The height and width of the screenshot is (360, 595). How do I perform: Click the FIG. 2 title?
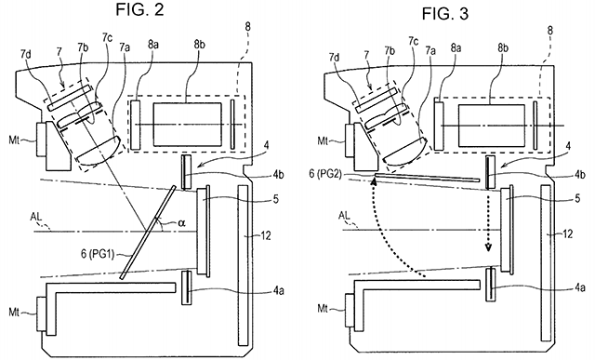(x=139, y=9)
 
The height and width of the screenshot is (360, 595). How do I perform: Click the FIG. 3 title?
(x=445, y=14)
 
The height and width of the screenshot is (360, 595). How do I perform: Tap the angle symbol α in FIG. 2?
(x=182, y=223)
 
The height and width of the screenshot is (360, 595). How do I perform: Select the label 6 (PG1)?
(x=97, y=254)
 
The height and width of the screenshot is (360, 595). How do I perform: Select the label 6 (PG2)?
(x=325, y=174)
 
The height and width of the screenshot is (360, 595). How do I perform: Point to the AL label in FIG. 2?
(x=37, y=218)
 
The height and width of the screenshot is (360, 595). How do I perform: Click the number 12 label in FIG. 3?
(x=567, y=233)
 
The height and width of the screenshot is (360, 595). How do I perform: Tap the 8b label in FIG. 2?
(x=200, y=45)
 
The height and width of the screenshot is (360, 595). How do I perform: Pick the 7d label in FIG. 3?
(x=335, y=58)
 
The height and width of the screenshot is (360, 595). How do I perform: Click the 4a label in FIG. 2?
(x=278, y=291)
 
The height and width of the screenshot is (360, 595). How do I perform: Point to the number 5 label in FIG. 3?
(x=577, y=198)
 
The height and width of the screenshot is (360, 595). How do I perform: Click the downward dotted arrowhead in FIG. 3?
(x=488, y=247)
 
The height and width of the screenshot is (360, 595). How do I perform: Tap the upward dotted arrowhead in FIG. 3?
(x=374, y=182)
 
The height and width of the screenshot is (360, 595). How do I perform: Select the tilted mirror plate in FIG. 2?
(x=147, y=233)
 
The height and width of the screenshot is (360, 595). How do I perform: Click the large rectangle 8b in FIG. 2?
(x=188, y=124)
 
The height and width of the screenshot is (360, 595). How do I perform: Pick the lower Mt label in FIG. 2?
(x=14, y=313)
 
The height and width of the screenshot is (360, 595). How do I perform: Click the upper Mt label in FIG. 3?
(x=323, y=141)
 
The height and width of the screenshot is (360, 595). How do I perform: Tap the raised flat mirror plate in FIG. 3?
(x=427, y=177)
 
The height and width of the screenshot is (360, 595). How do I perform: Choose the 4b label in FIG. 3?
(x=579, y=175)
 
